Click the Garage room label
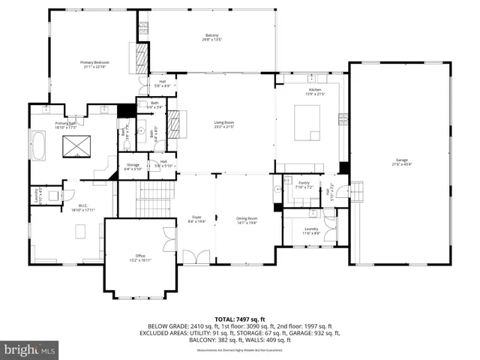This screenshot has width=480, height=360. tap(403, 162)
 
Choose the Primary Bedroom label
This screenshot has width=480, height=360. tap(95, 64)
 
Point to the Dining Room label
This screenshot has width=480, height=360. tap(247, 219)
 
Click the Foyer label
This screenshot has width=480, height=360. tap(196, 219)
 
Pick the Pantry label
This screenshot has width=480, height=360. tap(304, 183)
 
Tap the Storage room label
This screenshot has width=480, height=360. tap(133, 166)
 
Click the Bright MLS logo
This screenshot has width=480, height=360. tap(30, 349)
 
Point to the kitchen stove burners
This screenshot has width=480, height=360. tap(343, 119)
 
